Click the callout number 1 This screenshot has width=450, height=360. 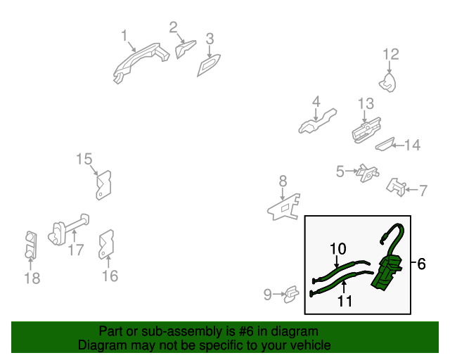[124, 35]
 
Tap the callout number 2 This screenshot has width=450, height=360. [173, 27]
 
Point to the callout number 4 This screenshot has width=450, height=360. [316, 101]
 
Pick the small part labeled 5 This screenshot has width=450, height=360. [366, 172]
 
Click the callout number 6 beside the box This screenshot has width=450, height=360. [421, 264]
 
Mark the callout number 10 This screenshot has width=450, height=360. [338, 248]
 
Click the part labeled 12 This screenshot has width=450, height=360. [387, 84]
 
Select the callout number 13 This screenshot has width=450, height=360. [366, 104]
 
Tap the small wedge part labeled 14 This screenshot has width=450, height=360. [385, 145]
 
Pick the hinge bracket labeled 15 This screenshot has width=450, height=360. [105, 184]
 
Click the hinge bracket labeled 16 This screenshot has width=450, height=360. [108, 243]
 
